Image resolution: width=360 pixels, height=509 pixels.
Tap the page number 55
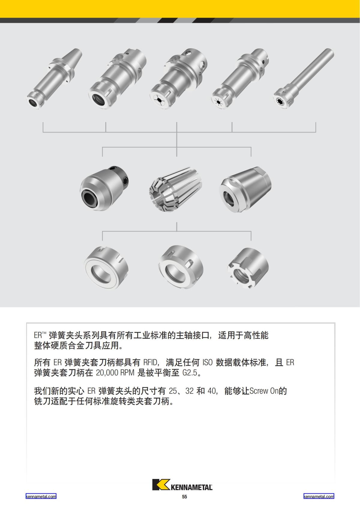pyautogui.click(x=184, y=497)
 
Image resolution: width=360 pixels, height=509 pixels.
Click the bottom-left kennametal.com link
pyautogui.click(x=41, y=496)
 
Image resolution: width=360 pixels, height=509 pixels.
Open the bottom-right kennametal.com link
pyautogui.click(x=319, y=496)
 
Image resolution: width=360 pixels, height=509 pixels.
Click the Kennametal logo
pyautogui.click(x=182, y=485)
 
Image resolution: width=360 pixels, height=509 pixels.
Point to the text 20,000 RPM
pyautogui.click(x=115, y=373)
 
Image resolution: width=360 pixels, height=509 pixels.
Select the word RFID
pyautogui.click(x=150, y=363)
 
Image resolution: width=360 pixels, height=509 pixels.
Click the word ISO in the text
pyautogui.click(x=208, y=363)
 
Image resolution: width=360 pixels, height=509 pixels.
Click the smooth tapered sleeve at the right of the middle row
pyautogui.click(x=246, y=190)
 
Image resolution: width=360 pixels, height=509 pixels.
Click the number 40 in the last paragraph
pyautogui.click(x=211, y=391)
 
